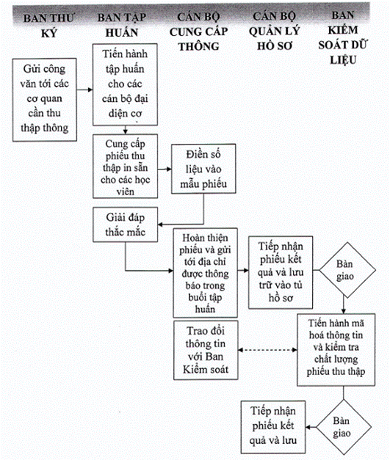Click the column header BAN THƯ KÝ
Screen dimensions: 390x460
[x=48, y=26]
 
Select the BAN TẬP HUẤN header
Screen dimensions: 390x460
[x=122, y=25]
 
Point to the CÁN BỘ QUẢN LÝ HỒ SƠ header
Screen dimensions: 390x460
[x=275, y=31]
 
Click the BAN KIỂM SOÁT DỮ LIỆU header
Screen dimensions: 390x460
[x=343, y=37]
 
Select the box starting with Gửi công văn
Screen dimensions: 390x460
[x=45, y=100]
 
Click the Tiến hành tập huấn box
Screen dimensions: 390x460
[x=125, y=85]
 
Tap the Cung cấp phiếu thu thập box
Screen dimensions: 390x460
[x=125, y=167]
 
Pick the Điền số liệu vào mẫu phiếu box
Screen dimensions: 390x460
[x=203, y=169]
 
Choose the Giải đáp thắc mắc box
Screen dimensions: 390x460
[x=125, y=224]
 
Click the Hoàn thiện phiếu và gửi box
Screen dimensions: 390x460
[x=205, y=273]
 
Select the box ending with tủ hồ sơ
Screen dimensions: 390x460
[x=281, y=272]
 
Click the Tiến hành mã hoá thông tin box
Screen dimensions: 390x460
[x=336, y=350]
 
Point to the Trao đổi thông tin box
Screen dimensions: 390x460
[x=206, y=350]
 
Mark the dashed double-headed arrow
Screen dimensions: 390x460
[x=267, y=350]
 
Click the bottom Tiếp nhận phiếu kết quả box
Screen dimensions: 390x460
[x=273, y=427]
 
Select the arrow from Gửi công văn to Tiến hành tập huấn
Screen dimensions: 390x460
[x=85, y=90]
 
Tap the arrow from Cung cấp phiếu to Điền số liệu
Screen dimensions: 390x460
[x=165, y=169]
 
